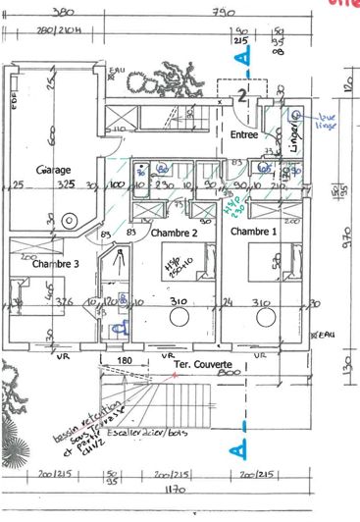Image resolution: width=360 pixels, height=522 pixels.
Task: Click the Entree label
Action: [x=244, y=133]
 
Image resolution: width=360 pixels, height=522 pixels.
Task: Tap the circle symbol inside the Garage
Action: [x=70, y=219]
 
